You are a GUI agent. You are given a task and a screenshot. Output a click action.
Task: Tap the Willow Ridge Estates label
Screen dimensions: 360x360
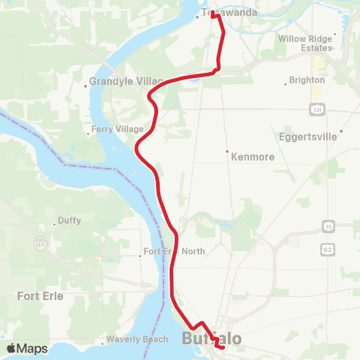coord(304,43)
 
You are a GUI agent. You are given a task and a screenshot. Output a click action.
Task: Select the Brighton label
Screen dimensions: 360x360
coord(307,79)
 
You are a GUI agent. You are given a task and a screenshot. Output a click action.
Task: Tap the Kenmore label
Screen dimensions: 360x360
coord(253,158)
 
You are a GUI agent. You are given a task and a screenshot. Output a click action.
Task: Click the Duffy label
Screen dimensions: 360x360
coord(69,222)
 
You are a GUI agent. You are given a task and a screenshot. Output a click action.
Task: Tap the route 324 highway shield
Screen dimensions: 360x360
coord(319,110)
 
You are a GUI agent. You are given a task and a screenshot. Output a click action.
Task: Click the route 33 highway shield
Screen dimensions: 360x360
coord(328,226)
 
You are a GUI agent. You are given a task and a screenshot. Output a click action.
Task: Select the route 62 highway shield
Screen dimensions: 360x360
coord(328,247)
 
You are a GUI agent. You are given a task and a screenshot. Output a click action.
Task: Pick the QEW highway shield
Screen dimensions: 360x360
coord(38,243)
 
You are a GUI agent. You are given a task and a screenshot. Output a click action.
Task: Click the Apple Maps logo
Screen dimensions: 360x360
coord(27,348)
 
